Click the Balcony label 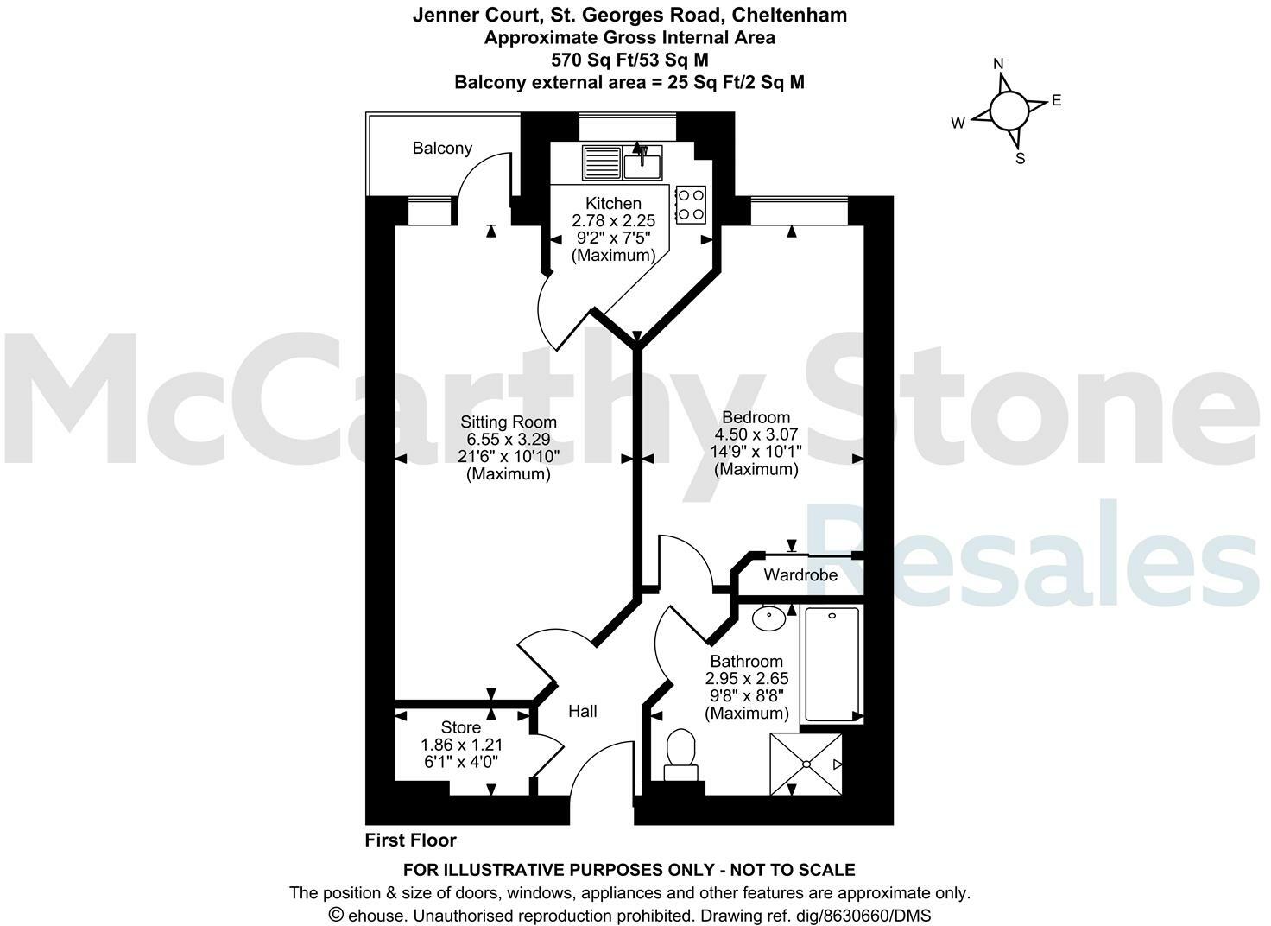tap(442, 148)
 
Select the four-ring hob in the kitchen tap(692, 204)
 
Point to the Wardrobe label tap(800, 574)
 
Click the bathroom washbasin tap(768, 617)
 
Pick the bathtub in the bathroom tap(831, 664)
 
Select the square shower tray tap(806, 764)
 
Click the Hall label tap(583, 711)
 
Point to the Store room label tap(461, 727)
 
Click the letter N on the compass tap(999, 64)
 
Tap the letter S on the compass tap(1021, 159)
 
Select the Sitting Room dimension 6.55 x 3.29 tap(509, 440)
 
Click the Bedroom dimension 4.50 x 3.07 tap(756, 434)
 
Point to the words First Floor tap(410, 840)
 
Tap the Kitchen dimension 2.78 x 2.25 tap(613, 221)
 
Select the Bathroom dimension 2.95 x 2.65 tap(747, 679)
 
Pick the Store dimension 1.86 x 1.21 tap(461, 745)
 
